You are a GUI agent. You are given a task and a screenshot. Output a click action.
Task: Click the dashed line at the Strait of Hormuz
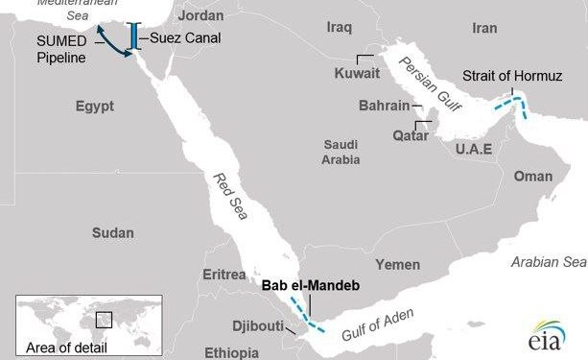(514, 103)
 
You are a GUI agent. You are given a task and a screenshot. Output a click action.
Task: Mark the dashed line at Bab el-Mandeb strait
(311, 318)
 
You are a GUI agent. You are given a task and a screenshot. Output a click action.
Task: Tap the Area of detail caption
(66, 347)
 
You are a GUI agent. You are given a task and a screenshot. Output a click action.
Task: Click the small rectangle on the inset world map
(104, 319)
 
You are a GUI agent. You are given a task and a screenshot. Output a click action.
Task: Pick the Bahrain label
(383, 106)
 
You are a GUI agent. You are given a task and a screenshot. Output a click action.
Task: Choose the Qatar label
(385, 135)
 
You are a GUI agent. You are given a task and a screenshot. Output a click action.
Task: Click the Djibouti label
(256, 325)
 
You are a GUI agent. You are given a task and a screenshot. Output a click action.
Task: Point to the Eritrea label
(224, 275)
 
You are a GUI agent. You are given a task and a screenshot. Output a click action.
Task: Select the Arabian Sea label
(547, 261)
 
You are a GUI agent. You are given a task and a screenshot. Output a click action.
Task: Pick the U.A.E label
(474, 150)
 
